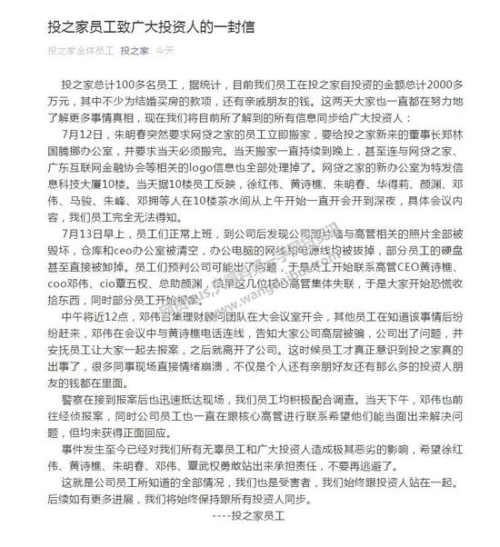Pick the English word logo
(x=265, y=177)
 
